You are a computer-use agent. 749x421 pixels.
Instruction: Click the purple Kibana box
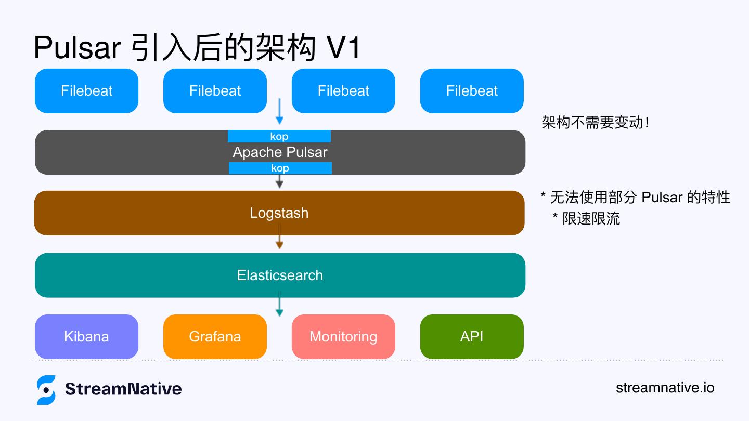pyautogui.click(x=86, y=336)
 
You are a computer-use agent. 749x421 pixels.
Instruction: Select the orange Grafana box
pyautogui.click(x=215, y=336)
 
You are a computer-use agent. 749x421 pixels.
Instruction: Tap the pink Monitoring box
pyautogui.click(x=343, y=336)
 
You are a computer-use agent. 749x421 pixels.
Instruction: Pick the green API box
pyautogui.click(x=472, y=336)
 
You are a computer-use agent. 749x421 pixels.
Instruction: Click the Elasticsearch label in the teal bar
pyautogui.click(x=280, y=275)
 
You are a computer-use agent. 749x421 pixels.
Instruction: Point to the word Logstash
pyautogui.click(x=279, y=213)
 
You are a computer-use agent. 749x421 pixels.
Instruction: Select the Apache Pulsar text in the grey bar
pyautogui.click(x=280, y=152)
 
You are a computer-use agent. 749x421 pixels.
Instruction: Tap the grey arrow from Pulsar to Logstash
pyautogui.click(x=279, y=181)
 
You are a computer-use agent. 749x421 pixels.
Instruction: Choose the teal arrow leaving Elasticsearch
pyautogui.click(x=279, y=305)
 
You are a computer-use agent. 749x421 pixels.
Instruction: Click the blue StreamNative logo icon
pyautogui.click(x=46, y=390)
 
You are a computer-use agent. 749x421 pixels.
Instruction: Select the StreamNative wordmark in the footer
pyautogui.click(x=123, y=389)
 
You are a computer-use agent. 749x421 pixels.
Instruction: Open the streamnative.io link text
pyautogui.click(x=665, y=388)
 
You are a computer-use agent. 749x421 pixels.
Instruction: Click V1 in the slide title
pyautogui.click(x=343, y=48)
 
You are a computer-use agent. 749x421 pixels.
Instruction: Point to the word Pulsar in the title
pyautogui.click(x=78, y=48)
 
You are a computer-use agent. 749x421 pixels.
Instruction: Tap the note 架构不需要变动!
pyautogui.click(x=595, y=123)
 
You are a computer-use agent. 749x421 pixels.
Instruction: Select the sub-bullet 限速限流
pyautogui.click(x=591, y=218)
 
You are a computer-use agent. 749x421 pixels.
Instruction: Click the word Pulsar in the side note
pyautogui.click(x=662, y=198)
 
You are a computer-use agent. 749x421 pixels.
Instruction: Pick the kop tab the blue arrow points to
pyautogui.click(x=279, y=137)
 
